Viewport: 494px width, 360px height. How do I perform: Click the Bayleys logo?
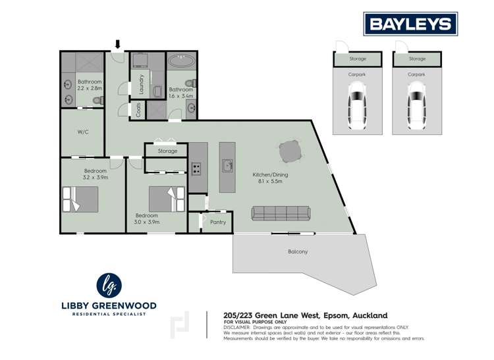410,24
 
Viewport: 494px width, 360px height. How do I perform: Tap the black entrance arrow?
118,45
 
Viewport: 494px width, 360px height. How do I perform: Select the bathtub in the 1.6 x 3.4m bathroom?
179,63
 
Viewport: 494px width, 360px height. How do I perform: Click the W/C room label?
83,132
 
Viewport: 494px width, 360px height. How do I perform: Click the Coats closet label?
138,110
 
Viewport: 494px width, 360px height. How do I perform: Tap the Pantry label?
217,222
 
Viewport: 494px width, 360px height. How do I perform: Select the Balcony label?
297,251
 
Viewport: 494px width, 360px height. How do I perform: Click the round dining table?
292,153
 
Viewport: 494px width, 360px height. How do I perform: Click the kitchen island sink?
227,165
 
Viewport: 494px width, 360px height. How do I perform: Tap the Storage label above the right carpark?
417,59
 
